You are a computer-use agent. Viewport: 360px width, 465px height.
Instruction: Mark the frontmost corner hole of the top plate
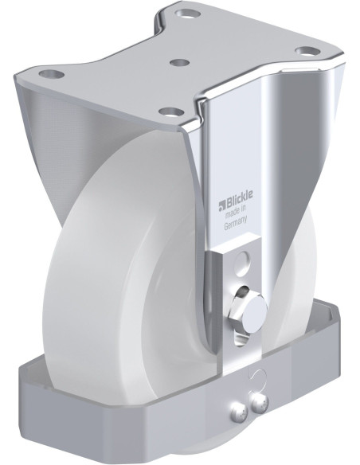coord(166,111)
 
